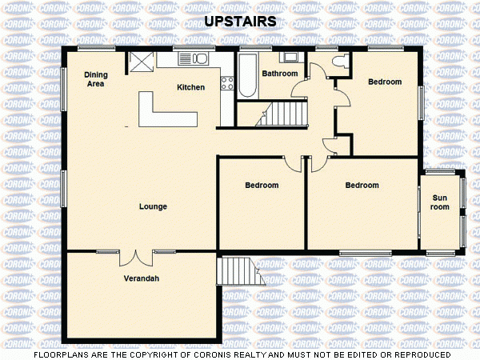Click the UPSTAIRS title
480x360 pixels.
pyautogui.click(x=240, y=22)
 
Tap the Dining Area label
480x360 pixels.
pyautogui.click(x=96, y=78)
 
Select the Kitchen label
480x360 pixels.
pyautogui.click(x=190, y=87)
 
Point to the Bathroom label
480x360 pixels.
pyautogui.click(x=280, y=74)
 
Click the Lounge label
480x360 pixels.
pyautogui.click(x=153, y=206)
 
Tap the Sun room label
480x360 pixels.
pyautogui.click(x=441, y=202)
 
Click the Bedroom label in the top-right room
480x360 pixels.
pyautogui.click(x=384, y=82)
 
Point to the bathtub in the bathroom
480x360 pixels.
pyautogui.click(x=246, y=76)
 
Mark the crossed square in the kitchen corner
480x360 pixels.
pyautogui.click(x=141, y=62)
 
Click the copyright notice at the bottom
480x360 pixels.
pyautogui.click(x=240, y=354)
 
